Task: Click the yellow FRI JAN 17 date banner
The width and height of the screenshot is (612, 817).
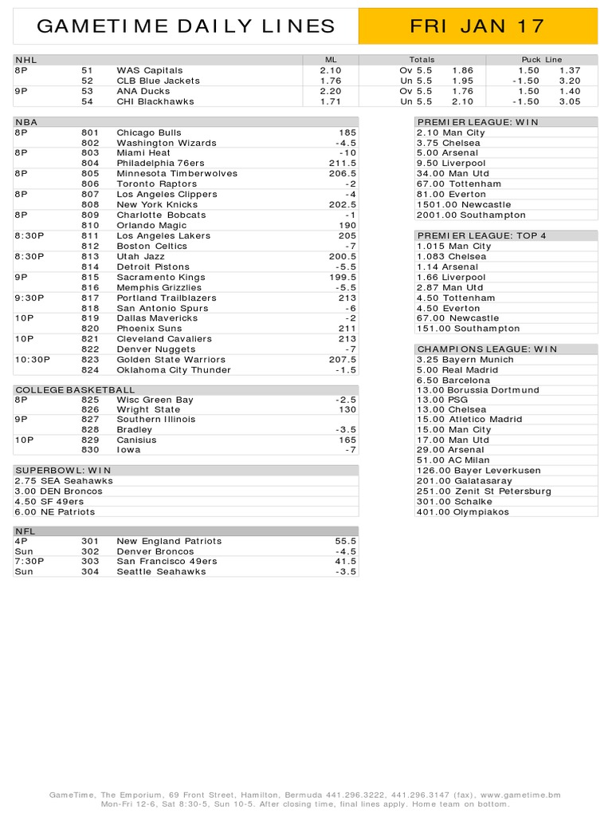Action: click(477, 26)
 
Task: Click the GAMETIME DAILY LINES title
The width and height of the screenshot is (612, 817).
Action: click(186, 26)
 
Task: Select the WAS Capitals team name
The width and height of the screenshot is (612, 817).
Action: click(149, 70)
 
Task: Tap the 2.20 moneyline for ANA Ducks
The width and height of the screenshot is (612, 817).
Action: click(330, 91)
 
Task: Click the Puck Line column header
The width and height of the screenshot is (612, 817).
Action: click(541, 60)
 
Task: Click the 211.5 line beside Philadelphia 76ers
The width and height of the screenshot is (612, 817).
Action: click(343, 163)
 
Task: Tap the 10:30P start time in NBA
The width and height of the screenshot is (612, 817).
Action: click(32, 359)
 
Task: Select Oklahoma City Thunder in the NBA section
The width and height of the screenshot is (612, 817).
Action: click(173, 369)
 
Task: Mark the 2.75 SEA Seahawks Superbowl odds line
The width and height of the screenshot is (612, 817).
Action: click(64, 481)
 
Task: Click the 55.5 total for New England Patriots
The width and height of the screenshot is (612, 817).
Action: click(346, 541)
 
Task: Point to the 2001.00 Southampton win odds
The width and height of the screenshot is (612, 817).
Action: click(471, 215)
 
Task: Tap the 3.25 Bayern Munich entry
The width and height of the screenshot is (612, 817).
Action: click(465, 359)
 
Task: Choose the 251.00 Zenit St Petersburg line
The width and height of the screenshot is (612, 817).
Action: click(484, 491)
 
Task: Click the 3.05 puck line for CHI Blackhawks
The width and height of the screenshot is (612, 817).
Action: click(570, 101)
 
